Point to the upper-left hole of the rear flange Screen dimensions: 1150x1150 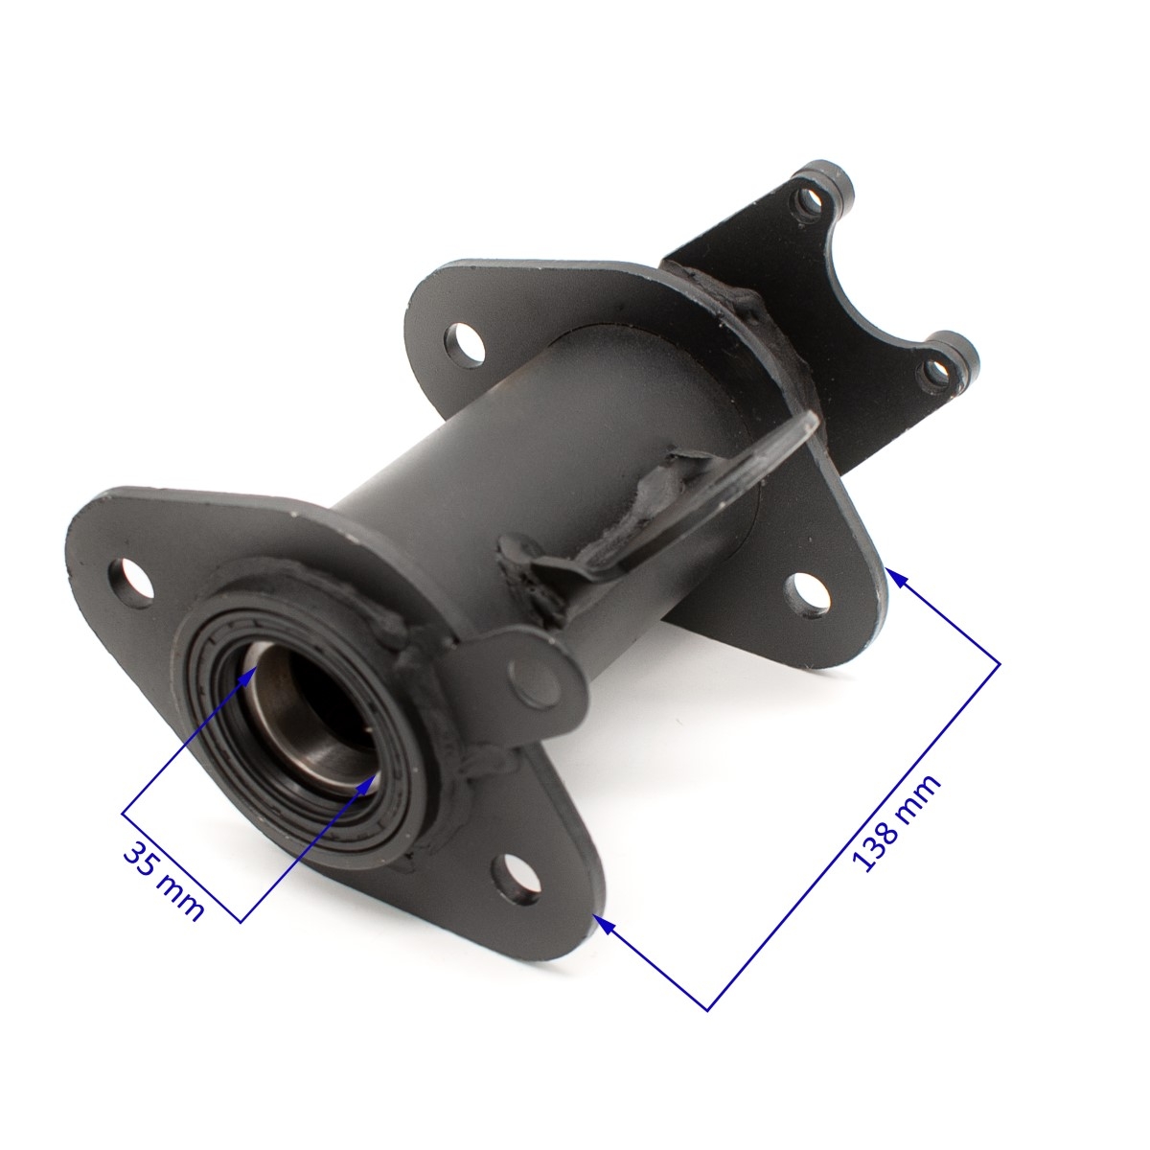(x=465, y=345)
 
